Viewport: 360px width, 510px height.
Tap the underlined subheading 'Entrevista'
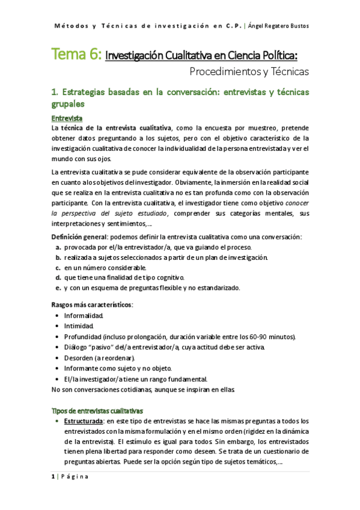(67, 117)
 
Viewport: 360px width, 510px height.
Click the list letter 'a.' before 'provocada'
(58, 248)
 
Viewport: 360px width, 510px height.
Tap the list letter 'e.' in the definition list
(58, 287)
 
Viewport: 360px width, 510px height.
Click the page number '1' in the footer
(53, 477)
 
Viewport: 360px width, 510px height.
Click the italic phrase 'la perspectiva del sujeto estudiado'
(109, 213)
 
